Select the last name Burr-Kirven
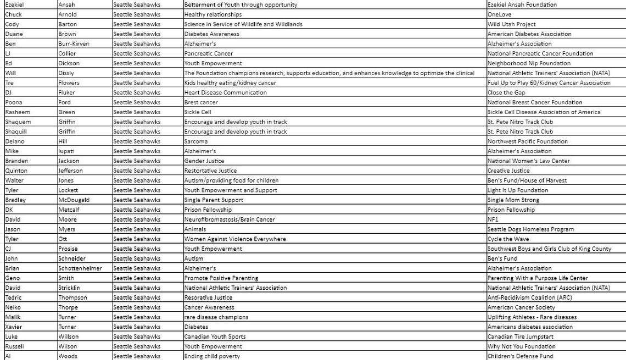coord(74,44)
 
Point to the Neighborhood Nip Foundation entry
coord(529,63)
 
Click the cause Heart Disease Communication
coord(225,93)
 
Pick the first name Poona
coord(14,103)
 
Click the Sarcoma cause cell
coord(196,142)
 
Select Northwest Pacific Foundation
coord(527,142)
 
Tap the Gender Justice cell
coord(204,161)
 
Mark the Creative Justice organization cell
coord(508,171)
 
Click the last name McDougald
coord(74,200)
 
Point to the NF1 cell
coord(493,220)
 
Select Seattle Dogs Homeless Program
coord(530,229)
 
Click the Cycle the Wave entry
coord(508,239)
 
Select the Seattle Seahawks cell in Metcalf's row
coord(137,210)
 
